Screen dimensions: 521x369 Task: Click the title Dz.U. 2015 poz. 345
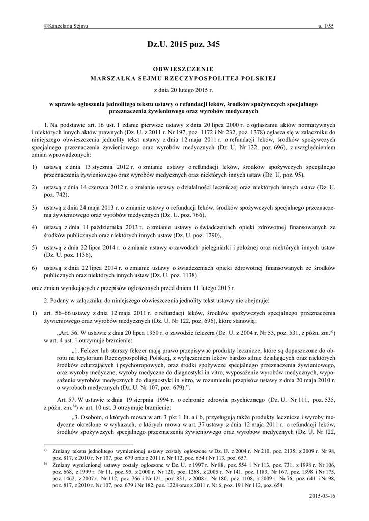click(x=184, y=45)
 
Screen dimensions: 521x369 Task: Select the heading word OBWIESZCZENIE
click(x=184, y=69)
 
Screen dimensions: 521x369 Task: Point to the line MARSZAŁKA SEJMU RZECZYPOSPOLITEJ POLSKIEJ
click(x=184, y=79)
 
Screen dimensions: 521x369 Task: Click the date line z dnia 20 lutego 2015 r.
click(x=184, y=90)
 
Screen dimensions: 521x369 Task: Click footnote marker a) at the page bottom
click(x=45, y=450)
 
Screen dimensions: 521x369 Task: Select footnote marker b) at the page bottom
click(x=45, y=464)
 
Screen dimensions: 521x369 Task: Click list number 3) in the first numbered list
click(x=34, y=208)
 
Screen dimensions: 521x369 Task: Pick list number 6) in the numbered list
click(x=34, y=267)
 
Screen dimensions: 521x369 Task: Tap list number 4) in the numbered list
click(x=34, y=227)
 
